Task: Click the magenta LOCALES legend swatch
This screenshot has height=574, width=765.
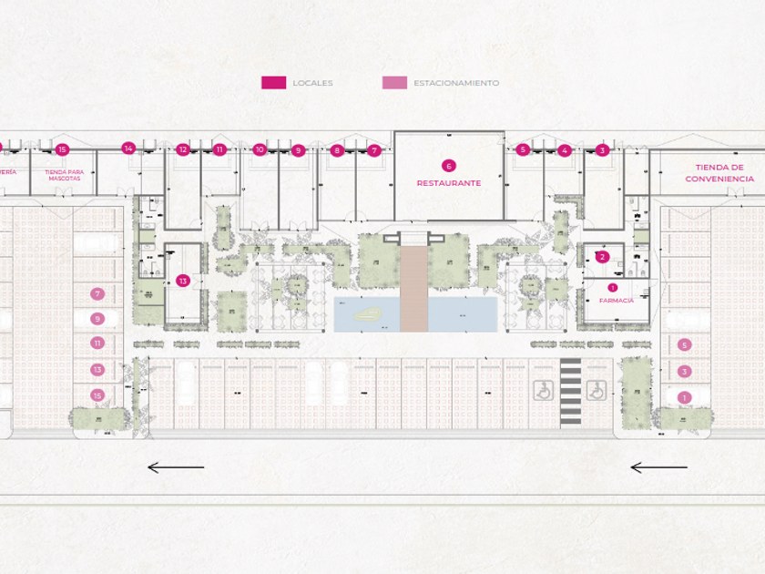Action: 273,83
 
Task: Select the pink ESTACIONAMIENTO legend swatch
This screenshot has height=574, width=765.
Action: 394,83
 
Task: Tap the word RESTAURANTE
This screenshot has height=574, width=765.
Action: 448,183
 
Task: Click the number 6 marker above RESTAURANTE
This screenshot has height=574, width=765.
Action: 448,166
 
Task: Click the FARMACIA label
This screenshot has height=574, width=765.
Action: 616,300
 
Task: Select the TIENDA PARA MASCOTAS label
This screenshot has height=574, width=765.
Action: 63,175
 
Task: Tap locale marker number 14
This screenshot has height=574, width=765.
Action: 128,149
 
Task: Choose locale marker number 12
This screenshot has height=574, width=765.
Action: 183,149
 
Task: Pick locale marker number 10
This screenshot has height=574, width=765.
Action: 260,149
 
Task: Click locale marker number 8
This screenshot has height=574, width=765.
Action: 337,150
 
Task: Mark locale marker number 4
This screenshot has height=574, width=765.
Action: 565,150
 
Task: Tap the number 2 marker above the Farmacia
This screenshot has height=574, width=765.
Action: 602,257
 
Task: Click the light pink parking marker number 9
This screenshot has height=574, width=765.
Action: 97,319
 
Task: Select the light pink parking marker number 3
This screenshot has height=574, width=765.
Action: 685,372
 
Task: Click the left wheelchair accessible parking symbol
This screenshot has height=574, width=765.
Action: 542,390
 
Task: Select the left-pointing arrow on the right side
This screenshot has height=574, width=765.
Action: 658,467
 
